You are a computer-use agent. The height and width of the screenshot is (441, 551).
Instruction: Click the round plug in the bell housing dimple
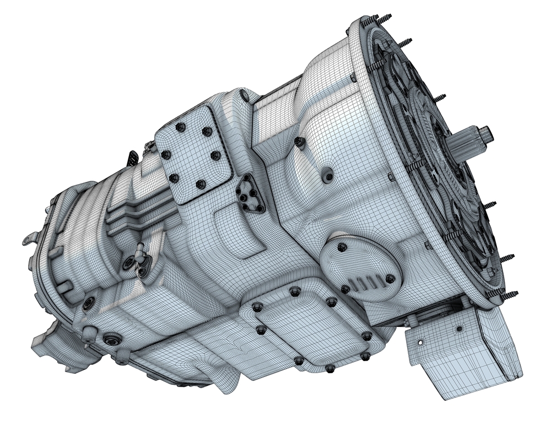click(x=329, y=176)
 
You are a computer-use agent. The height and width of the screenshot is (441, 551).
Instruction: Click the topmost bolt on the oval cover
click(x=342, y=246)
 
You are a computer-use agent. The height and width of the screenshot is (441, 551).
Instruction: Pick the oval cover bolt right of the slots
click(x=390, y=278)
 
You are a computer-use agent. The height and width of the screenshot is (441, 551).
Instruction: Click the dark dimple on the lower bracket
click(x=459, y=329)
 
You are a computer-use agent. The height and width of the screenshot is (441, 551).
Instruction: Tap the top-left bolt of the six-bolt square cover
click(x=180, y=127)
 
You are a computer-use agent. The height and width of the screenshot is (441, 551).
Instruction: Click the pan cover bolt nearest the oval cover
click(x=331, y=302)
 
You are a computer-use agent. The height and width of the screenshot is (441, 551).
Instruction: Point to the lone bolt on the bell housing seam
click(x=300, y=142)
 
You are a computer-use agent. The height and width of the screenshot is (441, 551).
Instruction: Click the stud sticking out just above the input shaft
click(x=441, y=98)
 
